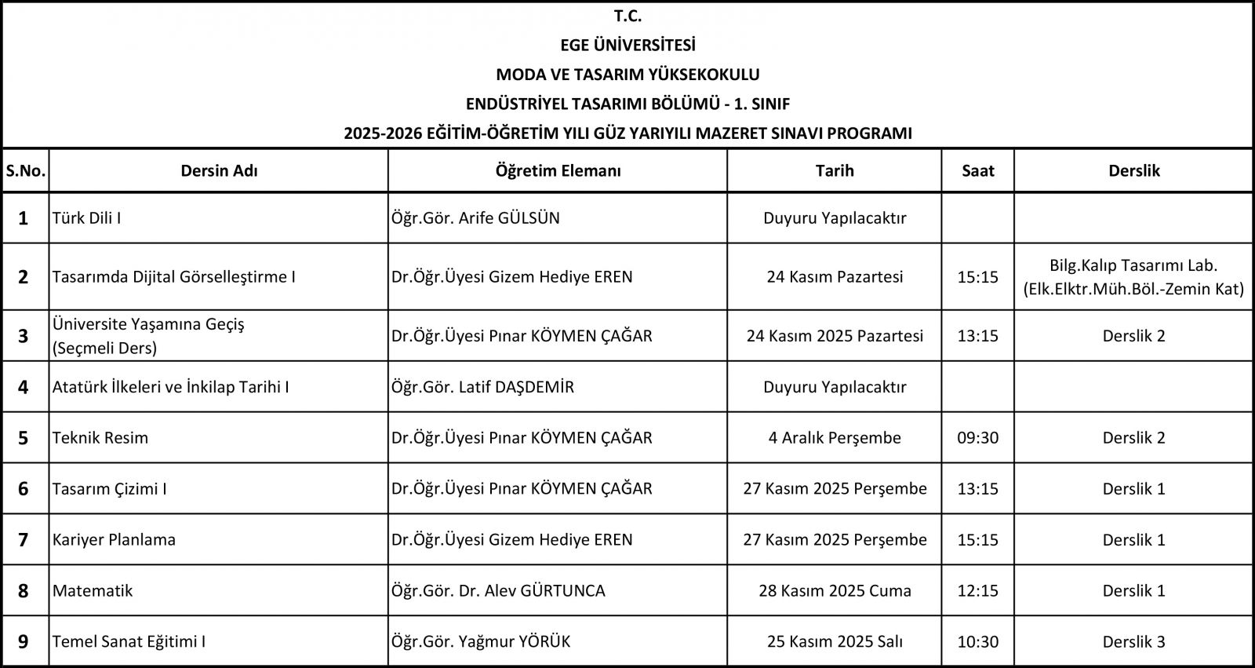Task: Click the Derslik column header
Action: (x=1133, y=170)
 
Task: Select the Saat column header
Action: (x=977, y=170)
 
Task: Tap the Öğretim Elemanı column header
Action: (x=558, y=170)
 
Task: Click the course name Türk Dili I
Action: (x=86, y=218)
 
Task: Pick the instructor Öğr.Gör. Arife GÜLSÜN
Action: (x=475, y=218)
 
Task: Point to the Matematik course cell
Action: (x=93, y=590)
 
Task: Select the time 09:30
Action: (x=977, y=437)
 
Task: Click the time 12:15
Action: (x=977, y=590)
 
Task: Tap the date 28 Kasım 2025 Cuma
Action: (x=835, y=590)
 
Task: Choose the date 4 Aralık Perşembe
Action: (x=835, y=437)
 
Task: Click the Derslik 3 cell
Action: (x=1133, y=641)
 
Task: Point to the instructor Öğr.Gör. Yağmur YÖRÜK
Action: (x=481, y=641)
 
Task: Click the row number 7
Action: (x=24, y=539)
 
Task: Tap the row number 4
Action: (x=24, y=386)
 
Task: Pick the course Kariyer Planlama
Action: (x=114, y=539)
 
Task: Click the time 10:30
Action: (x=977, y=641)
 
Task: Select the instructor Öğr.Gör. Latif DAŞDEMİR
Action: (x=482, y=386)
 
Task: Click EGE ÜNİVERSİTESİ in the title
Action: (x=627, y=45)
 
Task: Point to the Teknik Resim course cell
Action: (x=100, y=437)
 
